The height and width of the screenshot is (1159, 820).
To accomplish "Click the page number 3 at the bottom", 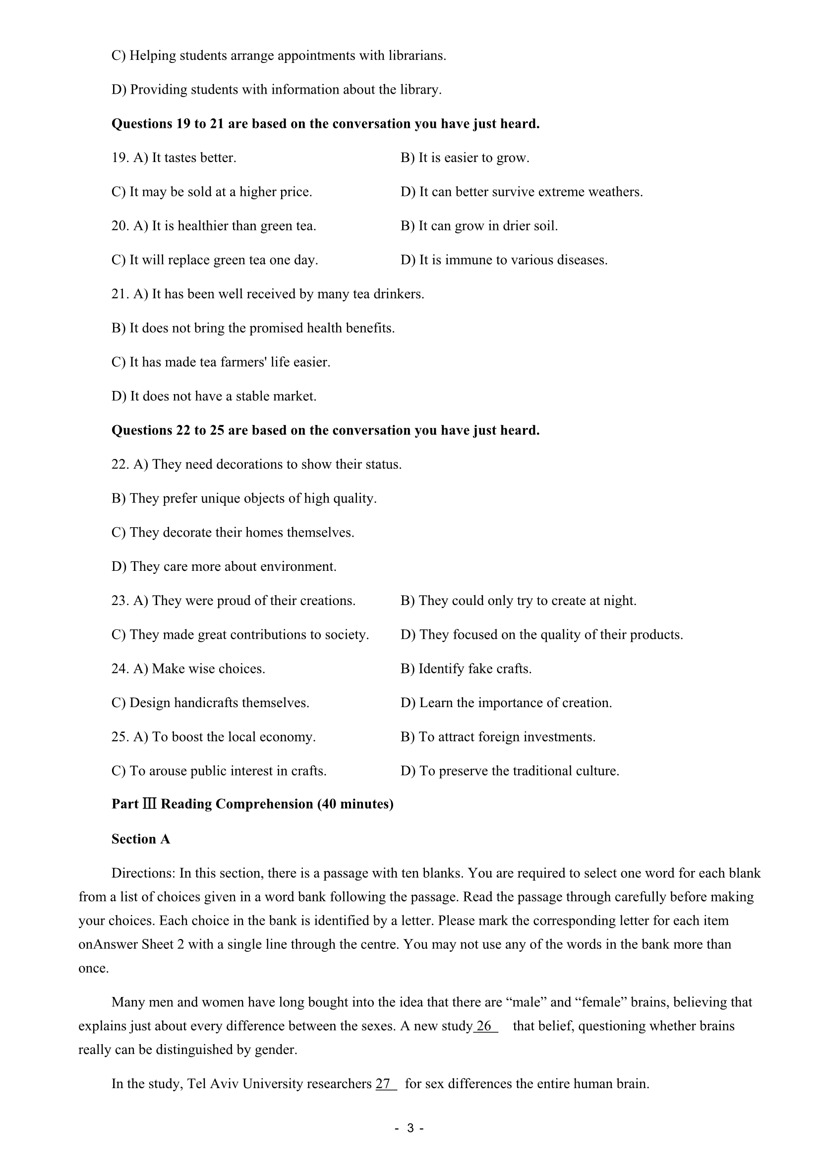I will point(410,1128).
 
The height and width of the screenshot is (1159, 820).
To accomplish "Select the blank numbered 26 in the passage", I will point(485,1026).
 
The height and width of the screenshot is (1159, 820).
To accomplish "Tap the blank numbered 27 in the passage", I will point(386,1084).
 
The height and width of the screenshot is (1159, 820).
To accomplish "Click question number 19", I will point(119,158).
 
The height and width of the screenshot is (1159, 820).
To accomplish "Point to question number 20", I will point(119,226).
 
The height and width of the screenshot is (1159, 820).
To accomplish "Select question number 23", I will point(119,601).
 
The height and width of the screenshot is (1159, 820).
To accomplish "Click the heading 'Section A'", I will point(140,839).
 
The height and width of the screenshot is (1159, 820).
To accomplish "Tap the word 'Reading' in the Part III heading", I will point(186,804).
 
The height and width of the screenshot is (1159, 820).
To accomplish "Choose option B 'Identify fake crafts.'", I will point(466,669).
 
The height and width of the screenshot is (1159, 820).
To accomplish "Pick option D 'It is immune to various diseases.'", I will point(504,260).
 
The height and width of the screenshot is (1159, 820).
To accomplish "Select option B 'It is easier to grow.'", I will point(465,158).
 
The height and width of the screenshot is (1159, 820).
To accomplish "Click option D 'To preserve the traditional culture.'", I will point(510,771).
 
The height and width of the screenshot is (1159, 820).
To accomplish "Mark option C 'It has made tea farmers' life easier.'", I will point(221,362).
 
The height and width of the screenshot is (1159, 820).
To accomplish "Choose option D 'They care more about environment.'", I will point(224,567).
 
